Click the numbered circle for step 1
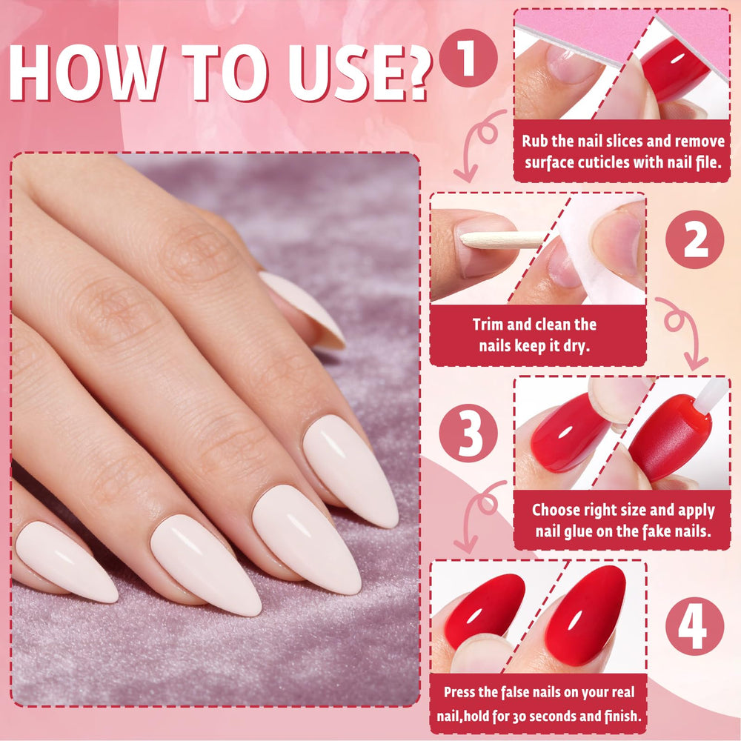pos(468,58)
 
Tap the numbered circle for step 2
pos(694,239)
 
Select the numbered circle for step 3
pos(468,433)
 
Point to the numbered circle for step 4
pos(694,626)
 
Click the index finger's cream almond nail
pos(350,471)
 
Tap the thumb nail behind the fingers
pos(303,310)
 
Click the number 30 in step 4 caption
pos(519,717)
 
